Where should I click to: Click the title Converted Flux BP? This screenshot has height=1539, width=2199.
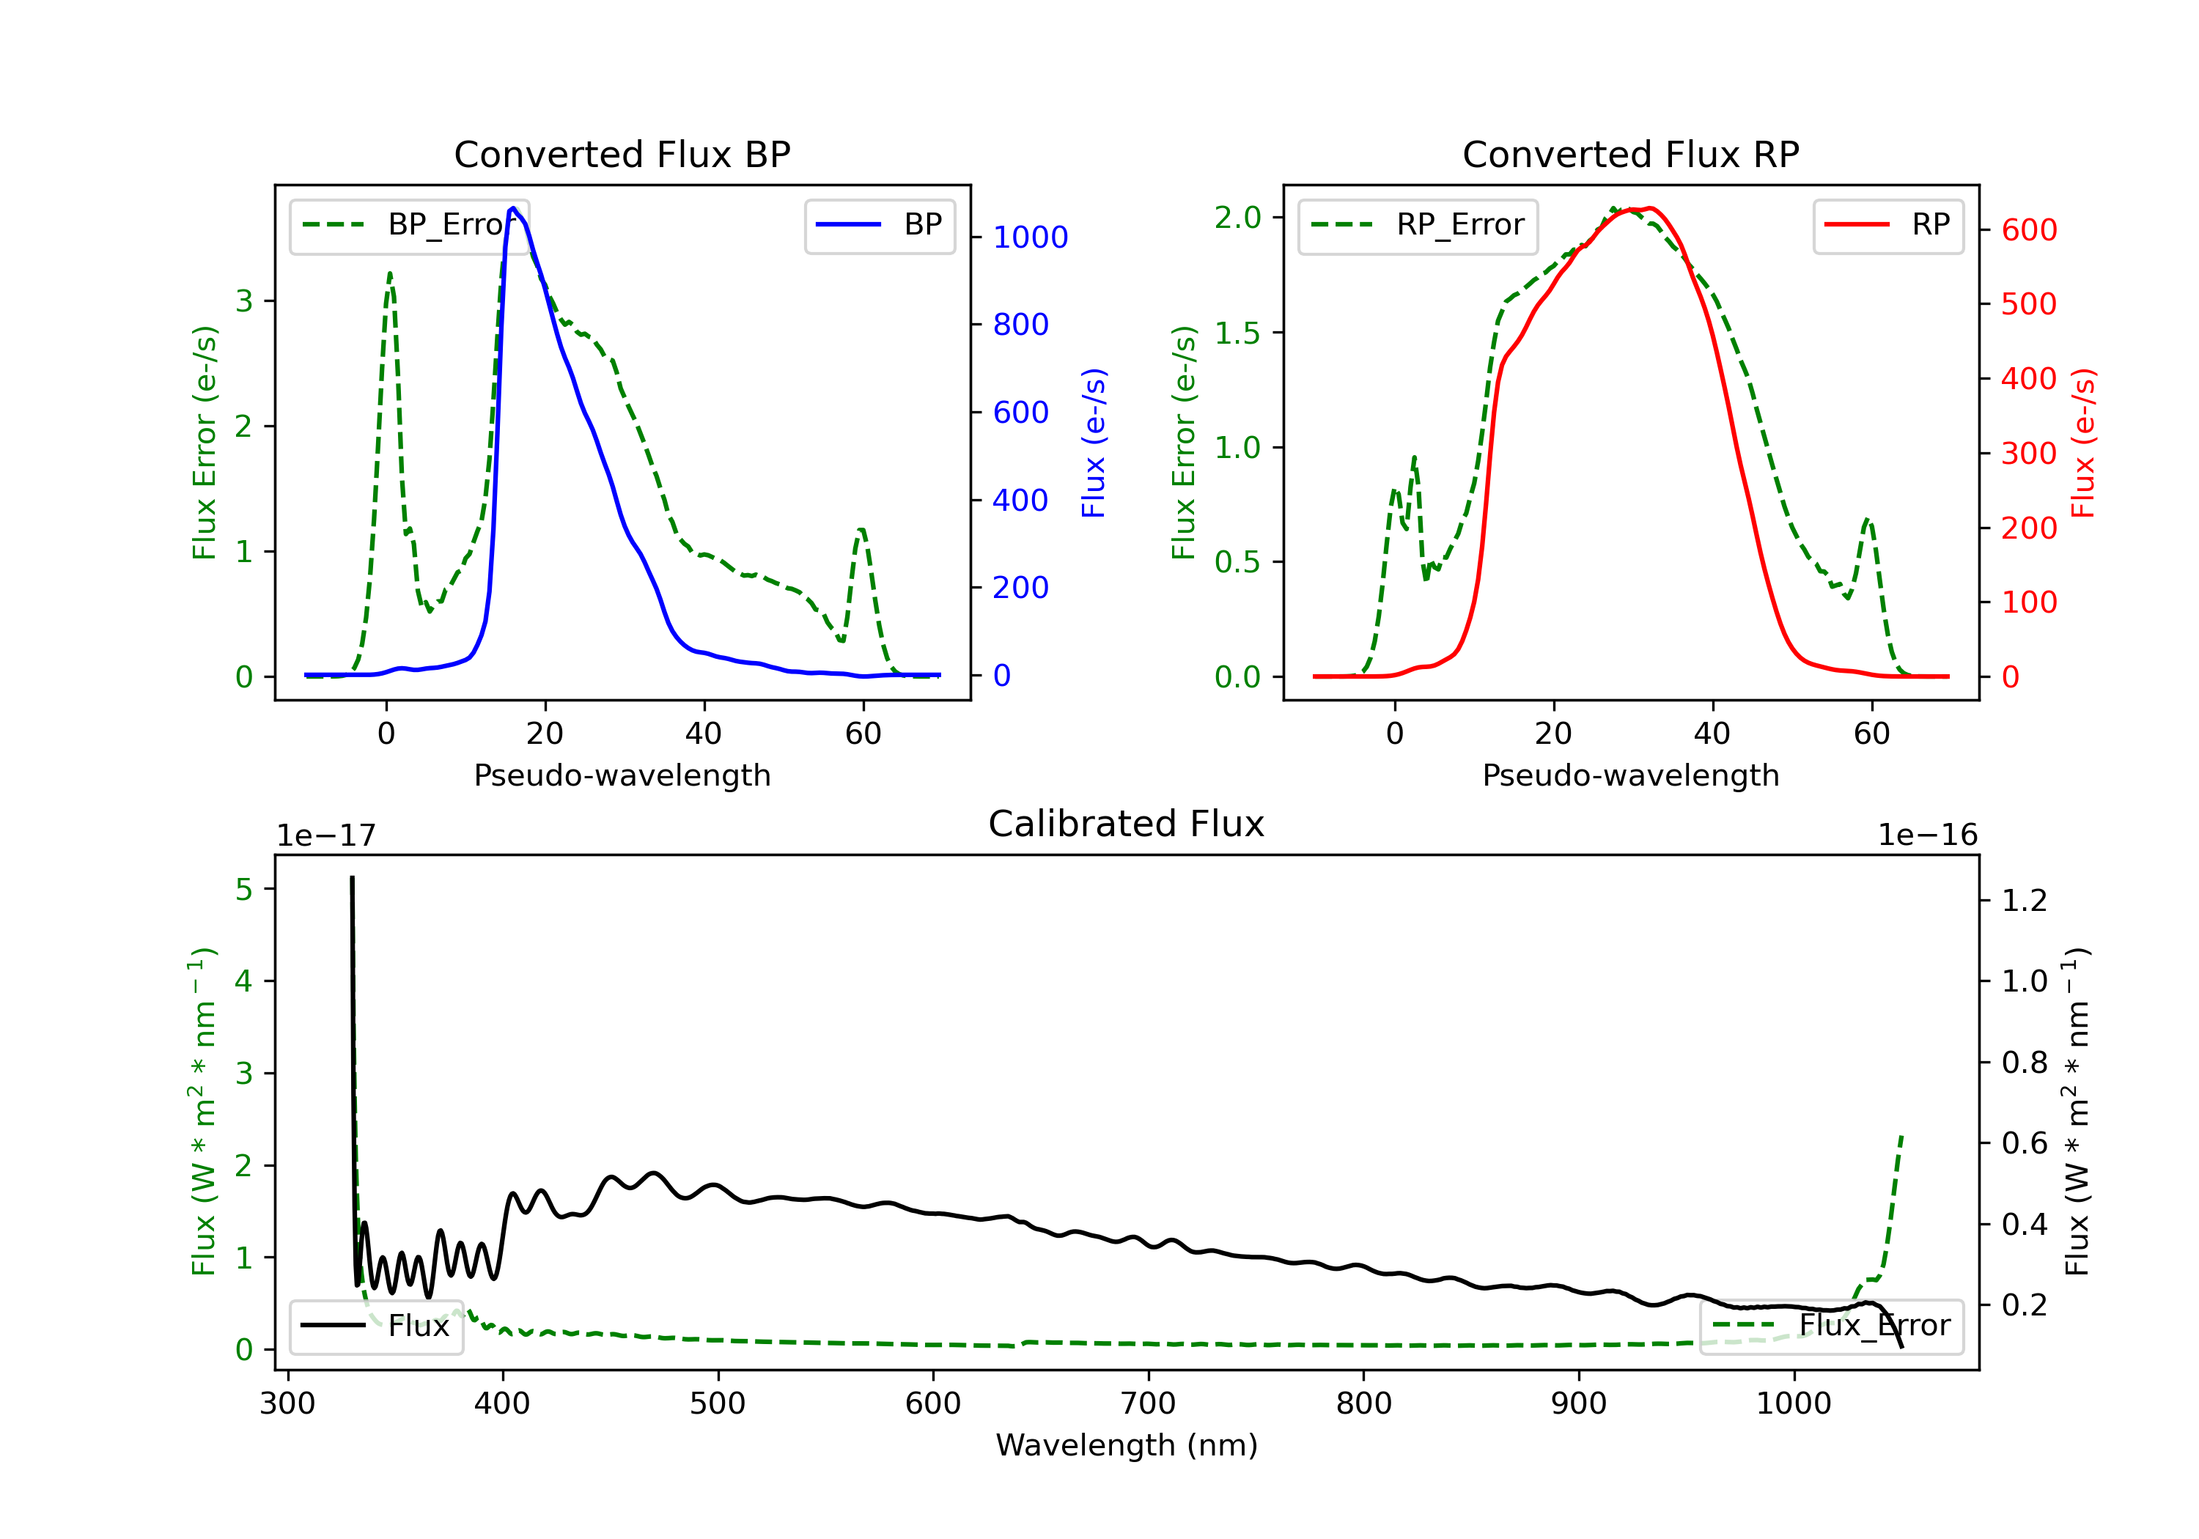622,154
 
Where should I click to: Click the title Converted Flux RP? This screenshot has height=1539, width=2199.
1630,154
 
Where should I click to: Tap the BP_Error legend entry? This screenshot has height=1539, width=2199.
409,225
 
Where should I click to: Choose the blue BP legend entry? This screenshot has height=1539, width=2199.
879,225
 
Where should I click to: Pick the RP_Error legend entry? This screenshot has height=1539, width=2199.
1418,225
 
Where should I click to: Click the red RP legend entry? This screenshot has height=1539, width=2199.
1887,225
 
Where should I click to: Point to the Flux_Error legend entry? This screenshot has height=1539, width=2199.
1830,1326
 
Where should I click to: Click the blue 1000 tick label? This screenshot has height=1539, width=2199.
1030,237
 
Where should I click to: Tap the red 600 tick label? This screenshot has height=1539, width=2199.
2028,230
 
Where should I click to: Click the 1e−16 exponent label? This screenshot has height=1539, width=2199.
1927,835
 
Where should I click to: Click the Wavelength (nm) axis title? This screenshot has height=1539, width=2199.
1127,1445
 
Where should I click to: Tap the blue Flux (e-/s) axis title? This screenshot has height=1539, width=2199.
1093,443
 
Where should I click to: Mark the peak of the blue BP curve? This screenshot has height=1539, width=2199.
513,208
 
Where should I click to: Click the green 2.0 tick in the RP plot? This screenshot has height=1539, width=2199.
1237,218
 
